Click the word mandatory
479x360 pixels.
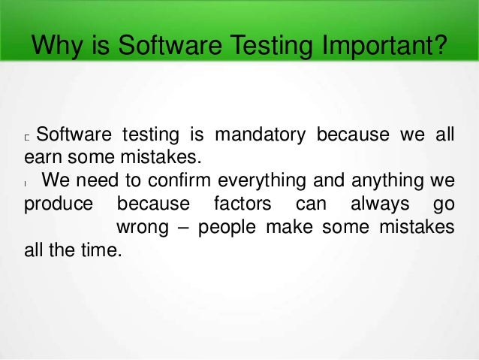click(x=260, y=136)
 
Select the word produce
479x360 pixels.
click(x=59, y=204)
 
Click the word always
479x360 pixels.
click(x=375, y=204)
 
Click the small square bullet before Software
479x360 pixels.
click(x=27, y=138)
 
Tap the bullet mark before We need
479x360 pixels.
click(x=26, y=183)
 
